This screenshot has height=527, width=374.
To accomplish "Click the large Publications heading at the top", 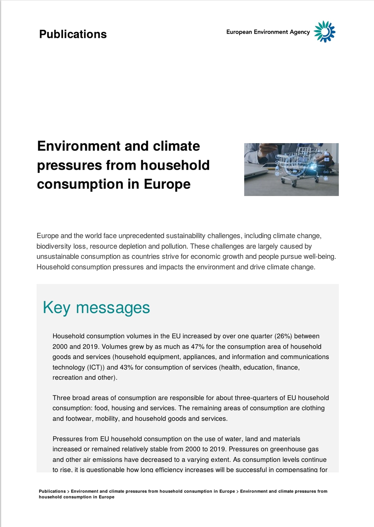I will pyautogui.click(x=73, y=34).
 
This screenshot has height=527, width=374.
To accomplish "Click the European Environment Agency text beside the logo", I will pyautogui.click(x=268, y=32).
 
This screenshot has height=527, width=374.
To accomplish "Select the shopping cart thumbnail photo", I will pyautogui.click(x=291, y=169).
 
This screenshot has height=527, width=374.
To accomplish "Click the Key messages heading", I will pyautogui.click(x=96, y=308).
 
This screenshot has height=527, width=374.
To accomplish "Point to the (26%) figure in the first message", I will pyautogui.click(x=283, y=336).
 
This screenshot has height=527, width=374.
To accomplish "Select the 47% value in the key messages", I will pyautogui.click(x=198, y=346).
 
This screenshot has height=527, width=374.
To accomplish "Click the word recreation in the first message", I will pyautogui.click(x=68, y=377).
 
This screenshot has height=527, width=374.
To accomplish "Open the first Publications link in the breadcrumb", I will pyautogui.click(x=52, y=491).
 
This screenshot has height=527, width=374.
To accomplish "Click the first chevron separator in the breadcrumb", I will pyautogui.click(x=68, y=492).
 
